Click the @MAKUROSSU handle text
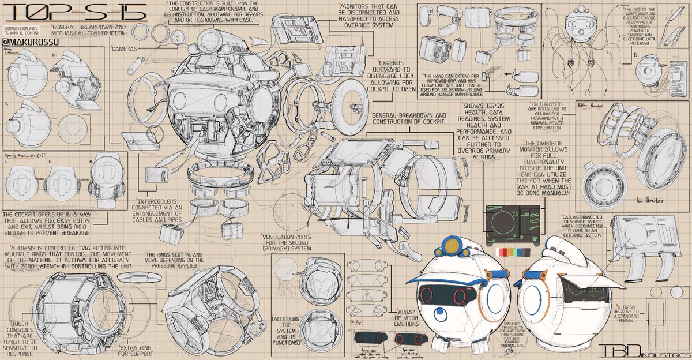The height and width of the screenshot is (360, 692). [x=27, y=43]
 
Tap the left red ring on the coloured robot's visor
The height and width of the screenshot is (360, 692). [x=457, y=297]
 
